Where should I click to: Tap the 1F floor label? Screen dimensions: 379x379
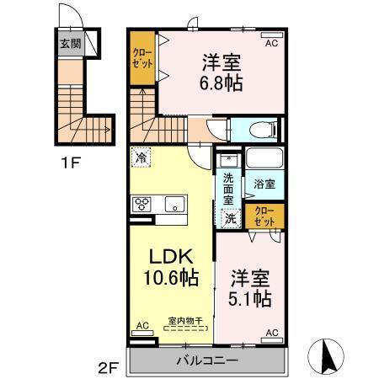70,163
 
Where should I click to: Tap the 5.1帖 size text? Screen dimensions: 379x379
251,298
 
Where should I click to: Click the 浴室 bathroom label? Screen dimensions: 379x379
265,183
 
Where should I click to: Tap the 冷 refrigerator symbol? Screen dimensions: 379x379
141,157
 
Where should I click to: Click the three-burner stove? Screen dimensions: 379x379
141,204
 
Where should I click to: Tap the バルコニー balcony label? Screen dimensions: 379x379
206,360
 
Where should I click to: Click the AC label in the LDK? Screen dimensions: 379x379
142,324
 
